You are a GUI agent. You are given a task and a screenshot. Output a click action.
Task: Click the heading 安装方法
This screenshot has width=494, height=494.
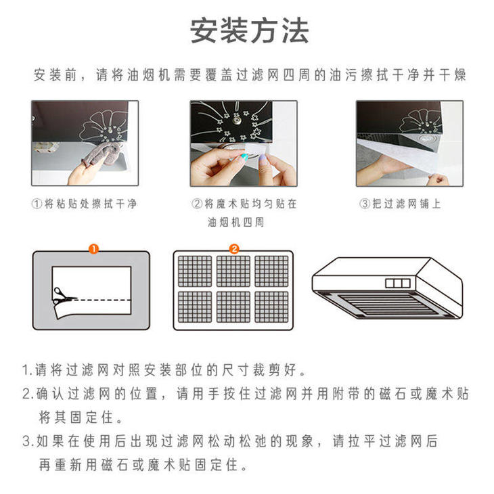click(x=249, y=30)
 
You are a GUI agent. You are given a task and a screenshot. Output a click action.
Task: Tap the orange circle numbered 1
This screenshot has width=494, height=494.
click(x=93, y=249)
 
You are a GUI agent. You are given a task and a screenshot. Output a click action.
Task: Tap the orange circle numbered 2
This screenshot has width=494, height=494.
click(x=233, y=249)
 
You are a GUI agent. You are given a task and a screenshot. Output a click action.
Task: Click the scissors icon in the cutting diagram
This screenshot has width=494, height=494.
click(x=64, y=296)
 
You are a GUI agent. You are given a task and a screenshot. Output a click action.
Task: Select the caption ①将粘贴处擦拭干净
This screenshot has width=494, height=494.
click(x=84, y=204)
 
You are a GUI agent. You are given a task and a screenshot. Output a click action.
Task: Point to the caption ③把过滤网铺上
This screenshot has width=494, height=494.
click(x=400, y=204)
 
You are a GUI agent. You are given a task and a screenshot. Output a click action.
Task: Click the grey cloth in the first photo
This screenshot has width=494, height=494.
click(x=102, y=154)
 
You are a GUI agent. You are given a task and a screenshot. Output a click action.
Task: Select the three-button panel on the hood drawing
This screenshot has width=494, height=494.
click(x=398, y=283)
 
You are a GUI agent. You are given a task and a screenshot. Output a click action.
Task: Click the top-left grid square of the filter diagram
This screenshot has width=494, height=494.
click(x=195, y=271)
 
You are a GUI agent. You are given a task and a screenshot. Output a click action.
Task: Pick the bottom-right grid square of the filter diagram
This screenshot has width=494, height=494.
click(x=271, y=307)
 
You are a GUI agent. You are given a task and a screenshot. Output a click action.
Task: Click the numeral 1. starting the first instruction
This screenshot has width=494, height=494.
click(x=28, y=370)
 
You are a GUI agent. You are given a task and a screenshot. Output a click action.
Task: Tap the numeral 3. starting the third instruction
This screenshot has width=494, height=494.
click(x=28, y=441)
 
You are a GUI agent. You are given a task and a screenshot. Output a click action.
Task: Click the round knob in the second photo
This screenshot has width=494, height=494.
click(x=235, y=120)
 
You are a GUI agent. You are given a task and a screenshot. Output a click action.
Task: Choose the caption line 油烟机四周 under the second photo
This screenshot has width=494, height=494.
click(x=235, y=223)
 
